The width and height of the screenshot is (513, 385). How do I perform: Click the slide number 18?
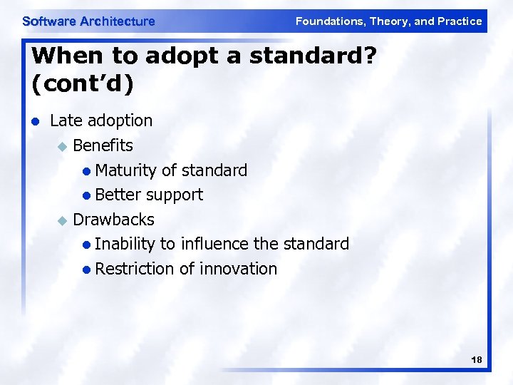click(477, 361)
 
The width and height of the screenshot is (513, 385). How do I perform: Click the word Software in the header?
click(49, 21)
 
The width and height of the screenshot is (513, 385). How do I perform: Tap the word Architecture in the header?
click(118, 21)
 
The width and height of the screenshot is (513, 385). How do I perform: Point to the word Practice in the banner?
click(460, 21)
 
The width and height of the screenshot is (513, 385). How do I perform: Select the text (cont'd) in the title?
click(82, 83)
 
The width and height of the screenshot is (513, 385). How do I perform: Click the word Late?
click(66, 120)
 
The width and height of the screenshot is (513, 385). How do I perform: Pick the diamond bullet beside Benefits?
click(61, 146)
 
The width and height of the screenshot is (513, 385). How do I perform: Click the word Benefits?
click(103, 145)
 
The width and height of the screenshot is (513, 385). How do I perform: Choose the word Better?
click(118, 195)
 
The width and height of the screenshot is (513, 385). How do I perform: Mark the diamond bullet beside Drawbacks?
click(61, 220)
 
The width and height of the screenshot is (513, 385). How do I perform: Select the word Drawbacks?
click(114, 219)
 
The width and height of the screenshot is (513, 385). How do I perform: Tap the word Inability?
click(125, 244)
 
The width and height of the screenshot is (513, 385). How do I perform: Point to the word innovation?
click(238, 269)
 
